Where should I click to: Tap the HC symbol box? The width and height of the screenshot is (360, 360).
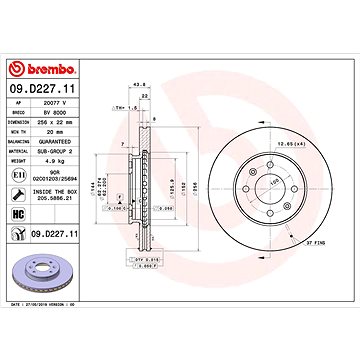coord(19,216)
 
